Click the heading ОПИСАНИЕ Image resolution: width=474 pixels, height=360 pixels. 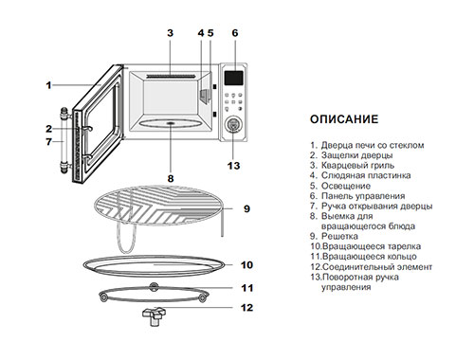pyautogui.click(x=344, y=119)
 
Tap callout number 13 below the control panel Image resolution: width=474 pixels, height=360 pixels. pyautogui.click(x=233, y=166)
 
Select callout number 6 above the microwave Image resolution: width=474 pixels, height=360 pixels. pyautogui.click(x=235, y=33)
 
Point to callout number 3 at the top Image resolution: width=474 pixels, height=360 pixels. pyautogui.click(x=170, y=33)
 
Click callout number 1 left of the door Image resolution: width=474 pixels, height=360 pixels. pyautogui.click(x=48, y=85)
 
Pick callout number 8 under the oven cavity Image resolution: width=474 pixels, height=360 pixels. pyautogui.click(x=171, y=179)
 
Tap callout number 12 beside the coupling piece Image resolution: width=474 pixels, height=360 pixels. pyautogui.click(x=246, y=308)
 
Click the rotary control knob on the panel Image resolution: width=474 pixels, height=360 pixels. pyautogui.click(x=233, y=124)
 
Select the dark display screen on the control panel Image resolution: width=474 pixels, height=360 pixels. pyautogui.click(x=234, y=78)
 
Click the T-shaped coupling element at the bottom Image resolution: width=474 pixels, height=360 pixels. pyautogui.click(x=154, y=316)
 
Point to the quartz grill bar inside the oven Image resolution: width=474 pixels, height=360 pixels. pyautogui.click(x=171, y=77)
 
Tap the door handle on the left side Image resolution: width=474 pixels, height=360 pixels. pyautogui.click(x=64, y=140)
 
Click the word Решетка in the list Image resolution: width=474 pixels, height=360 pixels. pyautogui.click(x=339, y=236)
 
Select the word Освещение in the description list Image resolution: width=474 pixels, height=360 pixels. pyautogui.click(x=346, y=186)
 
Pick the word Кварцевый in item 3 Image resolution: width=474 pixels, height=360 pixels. pyautogui.click(x=342, y=165)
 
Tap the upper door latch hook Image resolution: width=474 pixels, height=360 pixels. pyautogui.click(x=86, y=129)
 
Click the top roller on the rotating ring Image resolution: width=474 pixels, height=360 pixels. pyautogui.click(x=154, y=286)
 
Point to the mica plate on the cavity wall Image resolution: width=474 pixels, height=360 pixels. pyautogui.click(x=205, y=96)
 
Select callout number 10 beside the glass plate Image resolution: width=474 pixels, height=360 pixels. pyautogui.click(x=246, y=264)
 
